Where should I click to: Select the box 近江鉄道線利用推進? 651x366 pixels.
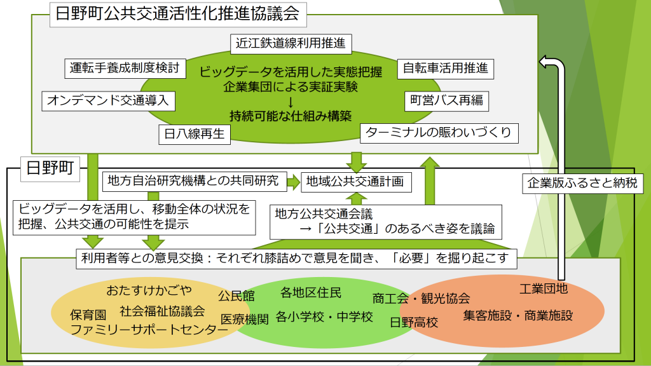click(x=291, y=43)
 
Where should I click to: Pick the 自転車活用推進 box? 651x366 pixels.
click(x=445, y=69)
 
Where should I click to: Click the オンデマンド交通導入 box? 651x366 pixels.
click(x=108, y=100)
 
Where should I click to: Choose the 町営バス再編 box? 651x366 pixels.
click(x=447, y=100)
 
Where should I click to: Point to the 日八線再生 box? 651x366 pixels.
click(x=194, y=133)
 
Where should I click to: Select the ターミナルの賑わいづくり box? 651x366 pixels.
click(x=439, y=133)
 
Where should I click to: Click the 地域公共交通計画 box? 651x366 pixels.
click(x=355, y=182)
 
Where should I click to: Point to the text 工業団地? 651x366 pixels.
click(x=544, y=289)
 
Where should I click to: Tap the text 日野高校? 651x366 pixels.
click(x=414, y=322)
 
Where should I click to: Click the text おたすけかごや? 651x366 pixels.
click(x=149, y=290)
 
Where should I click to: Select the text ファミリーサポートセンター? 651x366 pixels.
click(x=149, y=330)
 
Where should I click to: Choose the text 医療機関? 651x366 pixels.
click(x=245, y=319)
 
